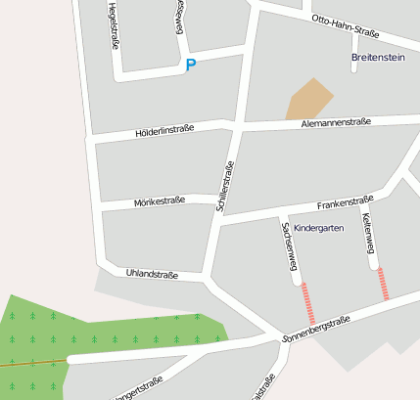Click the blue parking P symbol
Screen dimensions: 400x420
tap(191, 66)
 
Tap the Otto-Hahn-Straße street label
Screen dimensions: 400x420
tap(345, 25)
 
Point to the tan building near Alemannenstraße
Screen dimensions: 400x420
tap(309, 99)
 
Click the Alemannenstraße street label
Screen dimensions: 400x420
tap(335, 123)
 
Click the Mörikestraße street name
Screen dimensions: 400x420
tap(159, 200)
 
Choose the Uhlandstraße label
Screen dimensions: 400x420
tap(152, 275)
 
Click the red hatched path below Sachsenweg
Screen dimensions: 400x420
tap(308, 302)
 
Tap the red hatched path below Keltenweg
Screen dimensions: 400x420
tap(383, 284)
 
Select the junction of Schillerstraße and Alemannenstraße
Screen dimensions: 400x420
tap(238, 125)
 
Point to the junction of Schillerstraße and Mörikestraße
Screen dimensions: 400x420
tap(221, 203)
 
